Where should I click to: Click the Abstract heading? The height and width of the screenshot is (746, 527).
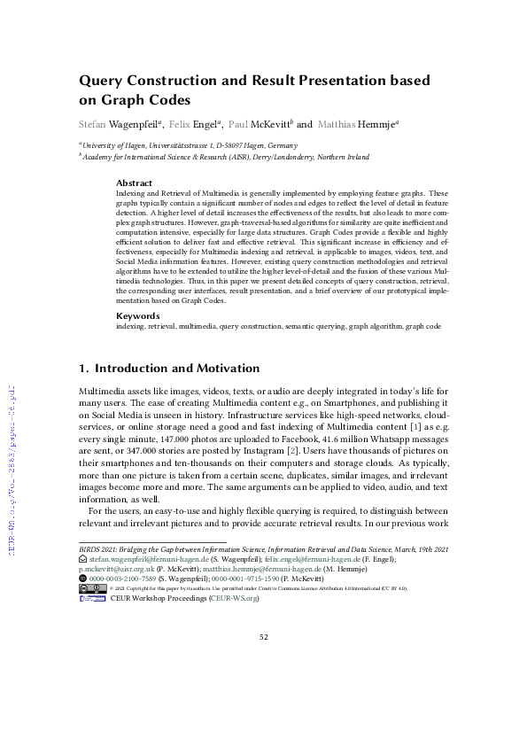pos(134,183)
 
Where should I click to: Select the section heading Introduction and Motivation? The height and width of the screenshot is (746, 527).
pos(177,368)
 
